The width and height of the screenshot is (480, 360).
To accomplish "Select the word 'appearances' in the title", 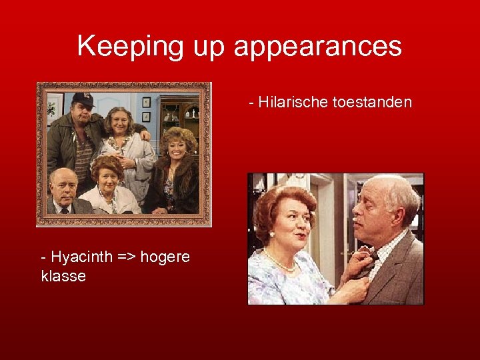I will [318, 47].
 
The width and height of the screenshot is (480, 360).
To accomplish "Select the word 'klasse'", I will [63, 276].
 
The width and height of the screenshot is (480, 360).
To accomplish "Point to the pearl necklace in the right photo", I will [279, 263].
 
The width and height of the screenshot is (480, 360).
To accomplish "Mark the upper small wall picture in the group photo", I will [147, 102].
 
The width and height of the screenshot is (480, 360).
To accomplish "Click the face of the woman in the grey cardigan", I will [118, 126].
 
